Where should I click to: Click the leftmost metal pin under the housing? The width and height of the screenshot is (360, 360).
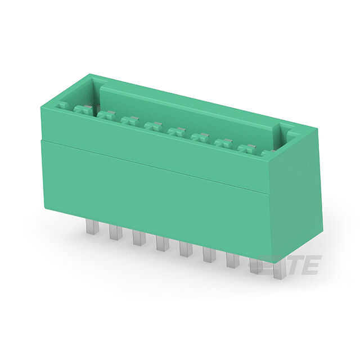(92, 226)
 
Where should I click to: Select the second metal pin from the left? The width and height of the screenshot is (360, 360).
(115, 232)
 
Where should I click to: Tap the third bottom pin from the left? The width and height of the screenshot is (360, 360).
(139, 238)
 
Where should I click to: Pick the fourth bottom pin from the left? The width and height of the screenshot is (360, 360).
(163, 244)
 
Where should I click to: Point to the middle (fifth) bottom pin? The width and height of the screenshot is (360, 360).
(186, 250)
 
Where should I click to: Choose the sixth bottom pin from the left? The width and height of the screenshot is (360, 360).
(210, 255)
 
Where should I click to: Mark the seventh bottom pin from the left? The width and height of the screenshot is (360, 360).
(233, 260)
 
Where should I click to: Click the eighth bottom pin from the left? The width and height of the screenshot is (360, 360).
(256, 266)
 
